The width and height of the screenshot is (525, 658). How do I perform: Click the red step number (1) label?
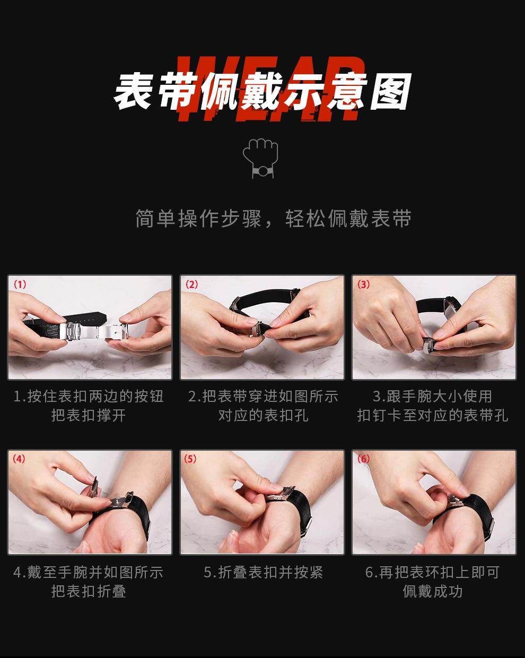click(20, 285)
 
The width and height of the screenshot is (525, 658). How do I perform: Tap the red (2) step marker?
click(192, 285)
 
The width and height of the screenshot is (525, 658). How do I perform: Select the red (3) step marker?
click(364, 285)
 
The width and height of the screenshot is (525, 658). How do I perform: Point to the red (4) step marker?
click(19, 459)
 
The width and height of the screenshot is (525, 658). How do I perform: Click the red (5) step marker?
click(190, 459)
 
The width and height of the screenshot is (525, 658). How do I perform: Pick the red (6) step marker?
click(363, 459)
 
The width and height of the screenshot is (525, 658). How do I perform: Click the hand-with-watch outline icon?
click(260, 158)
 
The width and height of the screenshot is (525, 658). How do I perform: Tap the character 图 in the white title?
click(390, 92)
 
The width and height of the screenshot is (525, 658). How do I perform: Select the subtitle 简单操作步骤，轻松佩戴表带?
click(273, 218)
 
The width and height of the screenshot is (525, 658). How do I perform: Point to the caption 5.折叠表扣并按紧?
click(263, 573)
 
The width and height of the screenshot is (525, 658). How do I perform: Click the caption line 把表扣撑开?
click(89, 416)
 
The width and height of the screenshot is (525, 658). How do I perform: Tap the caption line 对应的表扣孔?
click(263, 416)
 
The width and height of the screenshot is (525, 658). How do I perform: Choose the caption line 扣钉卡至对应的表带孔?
click(433, 416)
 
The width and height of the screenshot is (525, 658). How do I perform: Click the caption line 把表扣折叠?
click(89, 591)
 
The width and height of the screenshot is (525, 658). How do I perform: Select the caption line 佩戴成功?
click(433, 591)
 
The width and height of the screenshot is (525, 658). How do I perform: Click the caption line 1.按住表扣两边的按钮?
click(89, 397)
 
